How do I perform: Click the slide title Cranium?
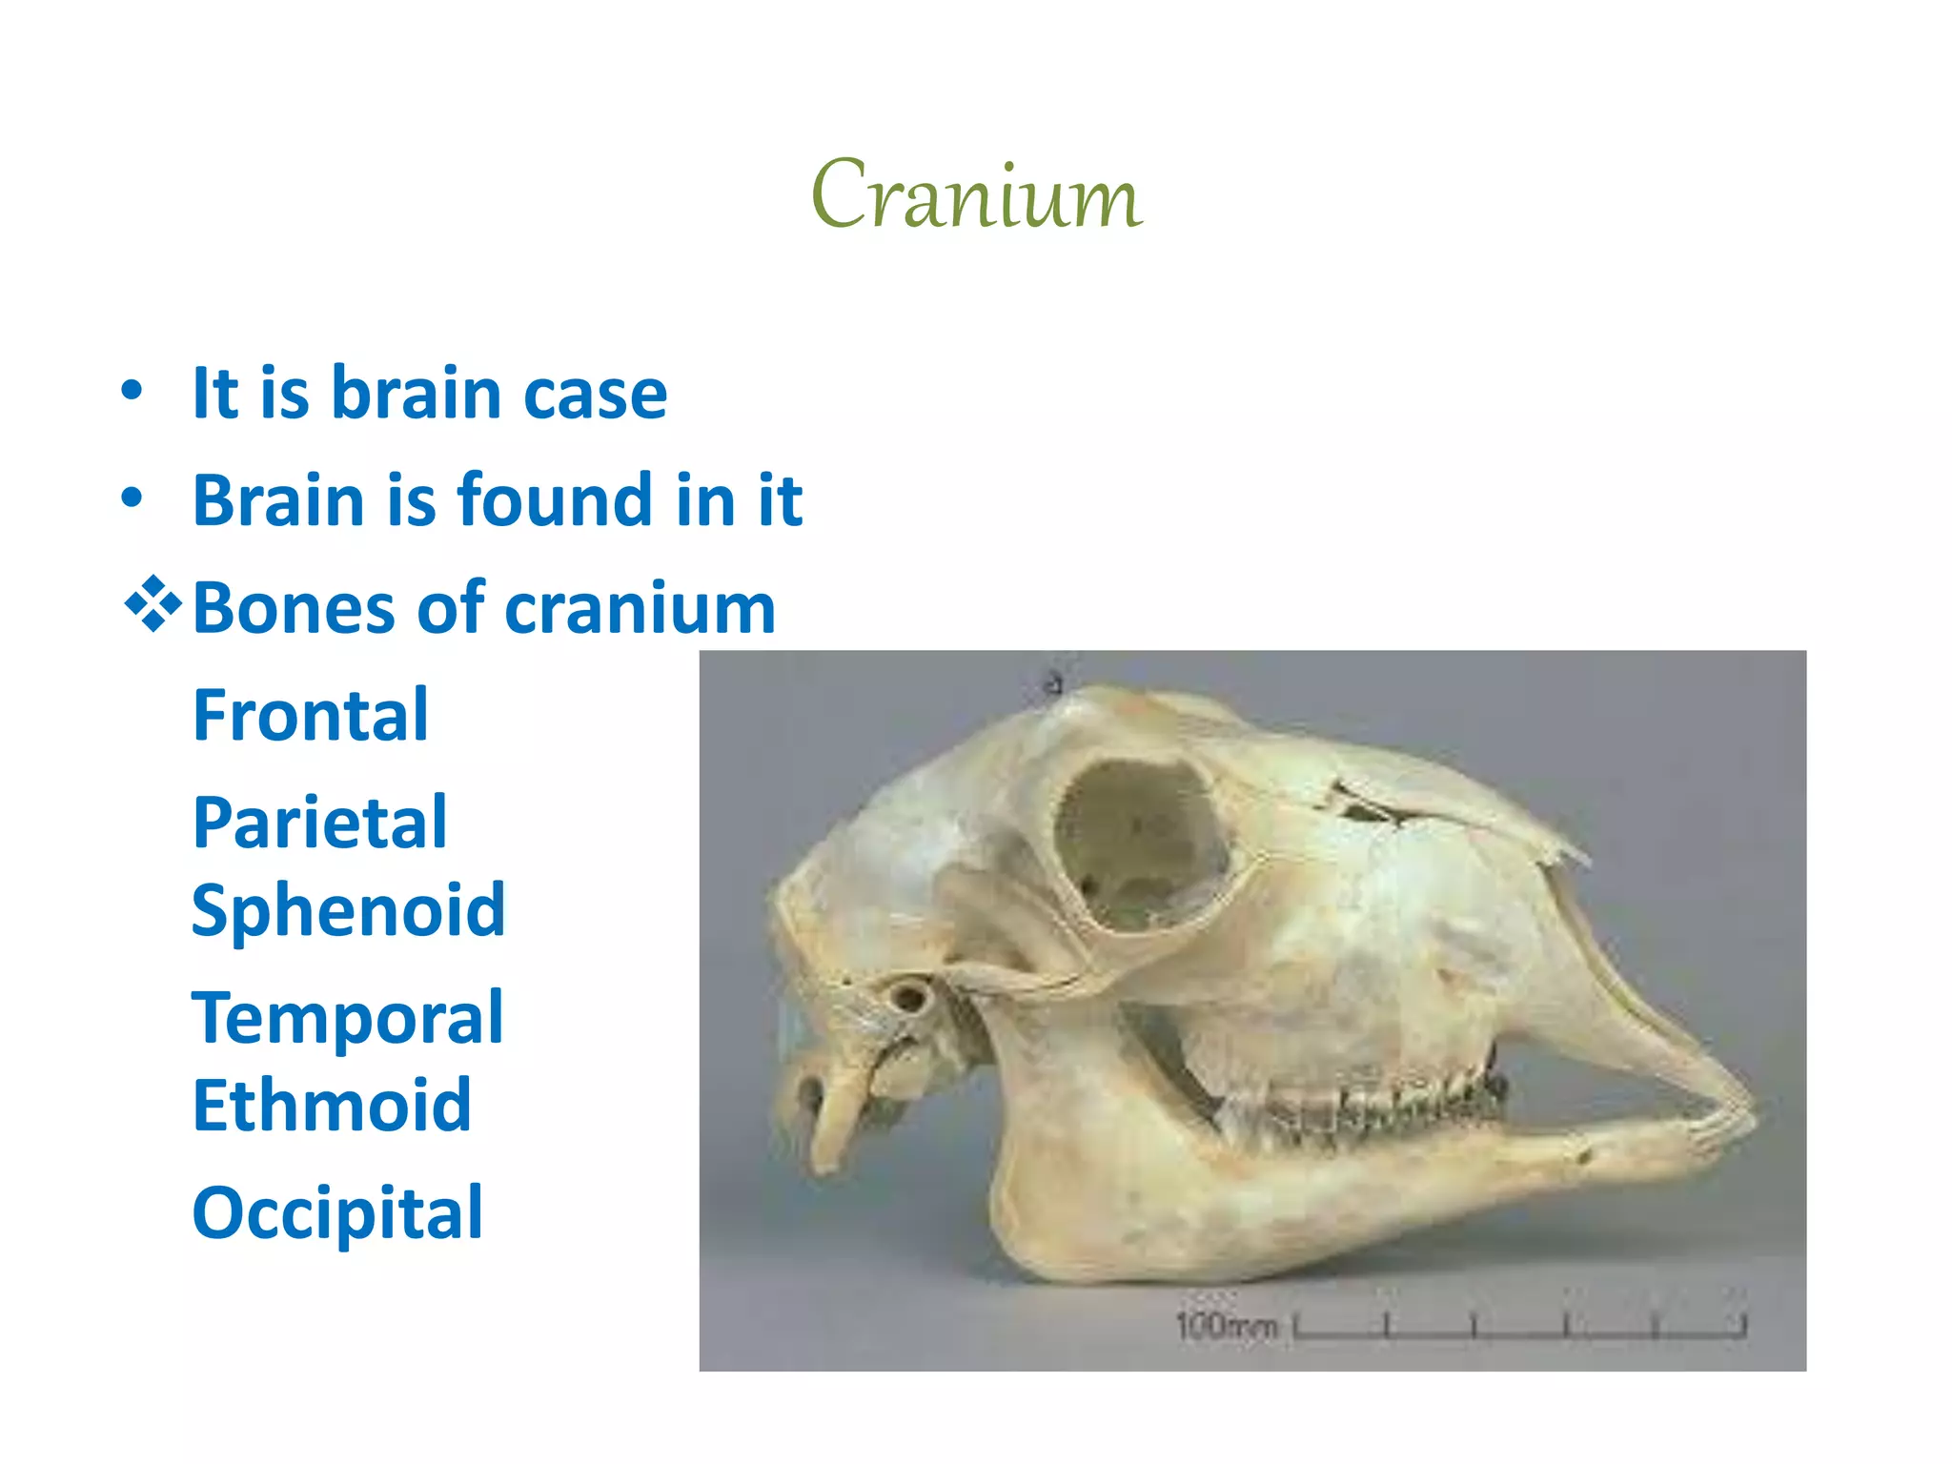point(976,195)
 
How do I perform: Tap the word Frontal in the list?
point(311,715)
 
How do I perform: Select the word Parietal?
point(319,822)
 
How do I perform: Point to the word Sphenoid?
point(348,910)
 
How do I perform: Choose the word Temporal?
point(347,1018)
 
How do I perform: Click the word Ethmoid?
point(332,1106)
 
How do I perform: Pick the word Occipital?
point(337,1212)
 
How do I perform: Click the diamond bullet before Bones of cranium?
point(152,606)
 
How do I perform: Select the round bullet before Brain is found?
point(132,498)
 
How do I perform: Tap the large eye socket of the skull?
point(1139,844)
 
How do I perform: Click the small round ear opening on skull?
point(907,998)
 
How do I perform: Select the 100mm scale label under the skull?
point(1226,1326)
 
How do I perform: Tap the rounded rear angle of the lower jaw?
point(1039,1230)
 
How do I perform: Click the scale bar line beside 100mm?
point(1519,1329)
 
